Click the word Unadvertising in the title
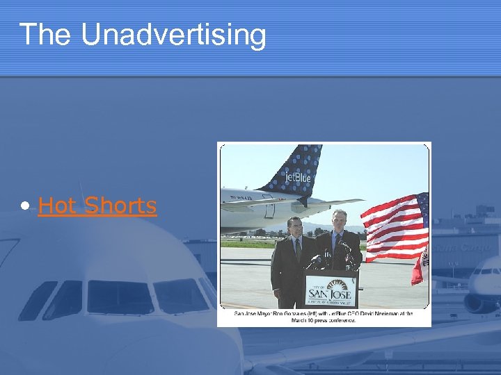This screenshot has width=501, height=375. click(173, 35)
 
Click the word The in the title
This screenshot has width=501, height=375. click(47, 35)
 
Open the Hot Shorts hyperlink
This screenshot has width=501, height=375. click(97, 206)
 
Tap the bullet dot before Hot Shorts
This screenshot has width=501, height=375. click(26, 206)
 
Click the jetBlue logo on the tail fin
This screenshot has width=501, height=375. click(297, 178)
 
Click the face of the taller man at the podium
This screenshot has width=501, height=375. click(339, 219)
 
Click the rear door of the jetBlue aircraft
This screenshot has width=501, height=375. click(269, 206)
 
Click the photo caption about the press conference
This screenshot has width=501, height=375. click(324, 317)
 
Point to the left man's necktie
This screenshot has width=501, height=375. click(296, 249)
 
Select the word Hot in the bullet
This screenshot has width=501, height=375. click(56, 206)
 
